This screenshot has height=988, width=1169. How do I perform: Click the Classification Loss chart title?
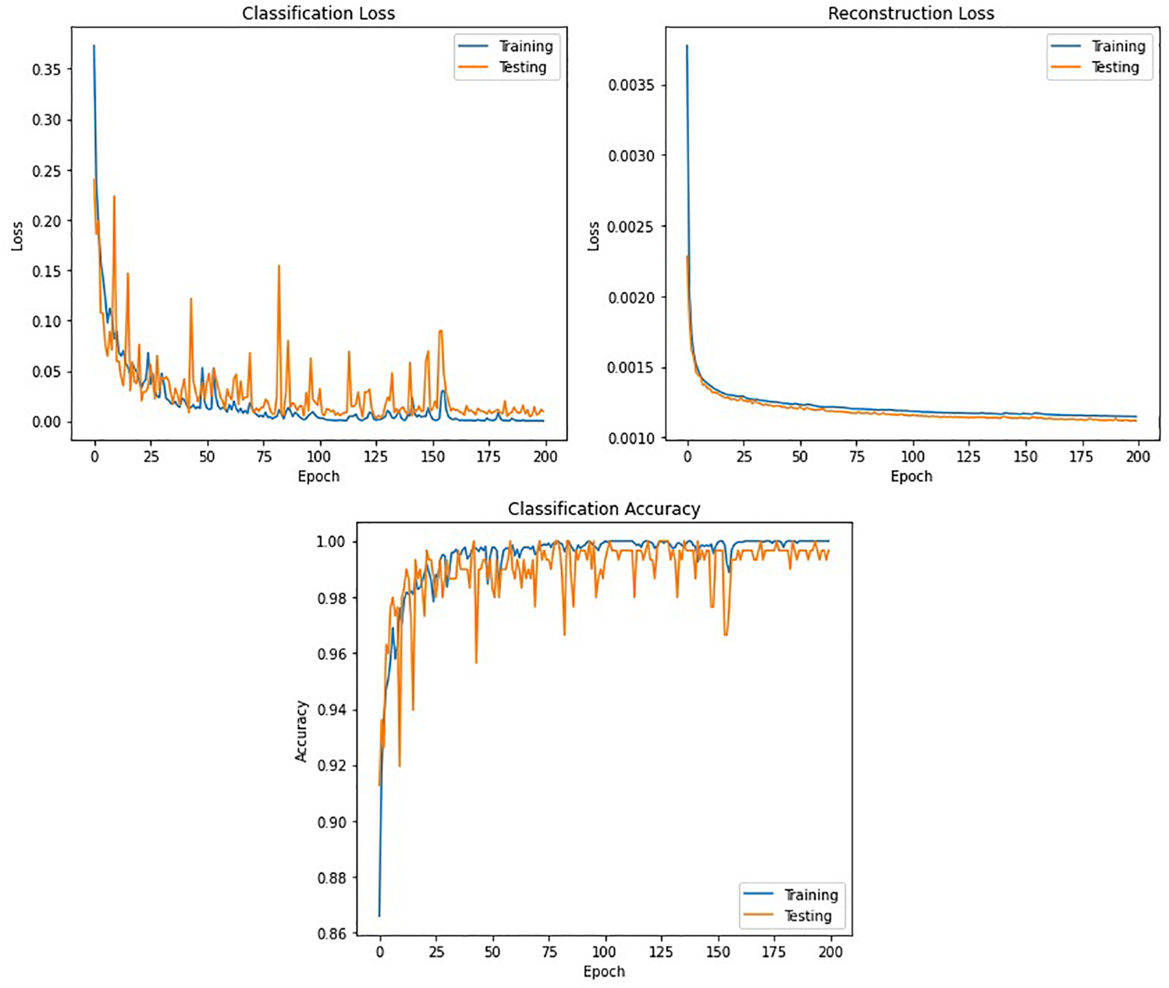point(318,14)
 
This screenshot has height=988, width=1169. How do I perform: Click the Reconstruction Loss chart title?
point(911,14)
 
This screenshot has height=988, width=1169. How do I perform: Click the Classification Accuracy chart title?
point(604,509)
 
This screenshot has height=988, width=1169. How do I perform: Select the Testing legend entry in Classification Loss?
point(522,67)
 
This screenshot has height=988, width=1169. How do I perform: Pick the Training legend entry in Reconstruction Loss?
point(1118,46)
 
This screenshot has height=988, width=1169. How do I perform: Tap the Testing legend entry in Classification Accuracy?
point(807,915)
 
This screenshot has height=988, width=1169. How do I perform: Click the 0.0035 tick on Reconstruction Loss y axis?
point(631,85)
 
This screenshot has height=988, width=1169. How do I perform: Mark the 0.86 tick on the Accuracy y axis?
point(332,934)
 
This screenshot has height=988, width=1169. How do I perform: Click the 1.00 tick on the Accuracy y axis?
point(332,541)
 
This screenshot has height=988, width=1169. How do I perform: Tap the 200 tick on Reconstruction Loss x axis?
point(1138,456)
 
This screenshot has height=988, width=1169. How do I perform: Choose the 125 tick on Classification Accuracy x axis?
point(661,952)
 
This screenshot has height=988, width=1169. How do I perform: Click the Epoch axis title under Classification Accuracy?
point(604,971)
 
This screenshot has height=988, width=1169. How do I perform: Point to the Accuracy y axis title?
point(301,730)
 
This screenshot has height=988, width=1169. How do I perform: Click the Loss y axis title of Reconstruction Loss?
point(593,236)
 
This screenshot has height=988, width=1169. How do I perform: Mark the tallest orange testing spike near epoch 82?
point(279,267)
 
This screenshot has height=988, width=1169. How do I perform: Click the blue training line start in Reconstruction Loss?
point(687,46)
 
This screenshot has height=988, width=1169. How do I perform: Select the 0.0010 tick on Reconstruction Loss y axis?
point(631,438)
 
